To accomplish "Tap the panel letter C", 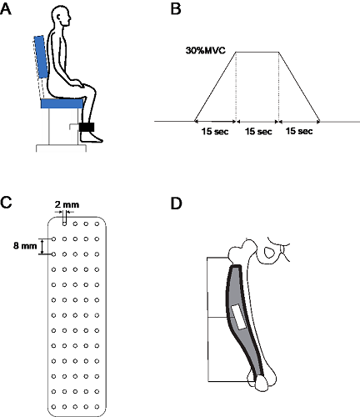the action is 6,203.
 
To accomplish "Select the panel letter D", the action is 176,203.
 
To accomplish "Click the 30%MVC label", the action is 206,51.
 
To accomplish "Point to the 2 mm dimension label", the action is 67,205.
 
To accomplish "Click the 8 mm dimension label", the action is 25,246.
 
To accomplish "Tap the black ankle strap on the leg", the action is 87,127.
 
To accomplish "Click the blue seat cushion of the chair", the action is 62,103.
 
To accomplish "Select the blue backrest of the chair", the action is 41,57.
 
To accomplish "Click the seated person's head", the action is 61,17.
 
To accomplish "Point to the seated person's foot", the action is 91,138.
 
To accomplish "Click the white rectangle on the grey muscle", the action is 238,317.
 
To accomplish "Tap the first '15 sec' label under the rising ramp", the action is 215,131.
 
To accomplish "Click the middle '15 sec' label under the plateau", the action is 258,131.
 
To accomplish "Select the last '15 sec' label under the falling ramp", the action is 299,131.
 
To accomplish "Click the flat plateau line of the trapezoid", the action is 257,52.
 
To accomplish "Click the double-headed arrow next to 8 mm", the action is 42,247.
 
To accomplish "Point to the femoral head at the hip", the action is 247,246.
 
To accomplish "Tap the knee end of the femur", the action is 264,381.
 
